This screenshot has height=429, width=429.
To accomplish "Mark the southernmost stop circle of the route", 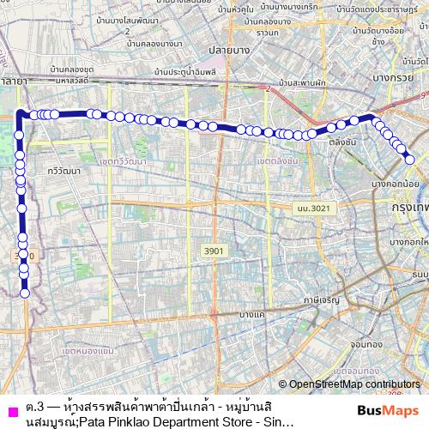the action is [25, 293].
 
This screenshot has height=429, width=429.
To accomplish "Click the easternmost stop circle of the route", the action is [410, 158].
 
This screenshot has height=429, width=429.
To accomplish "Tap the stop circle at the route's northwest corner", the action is [21, 114].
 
